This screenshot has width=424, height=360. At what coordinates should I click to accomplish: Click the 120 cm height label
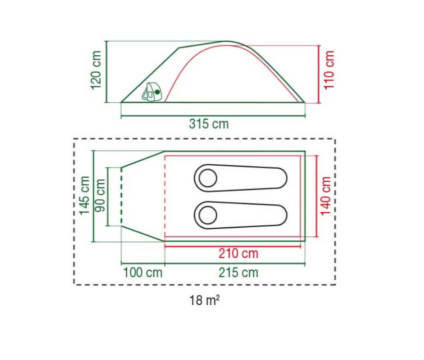[x=96, y=70]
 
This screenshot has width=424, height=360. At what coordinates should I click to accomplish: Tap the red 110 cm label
[x=329, y=70]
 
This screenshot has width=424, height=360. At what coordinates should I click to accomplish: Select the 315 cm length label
[x=209, y=124]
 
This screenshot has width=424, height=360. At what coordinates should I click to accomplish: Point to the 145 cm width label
[x=84, y=195]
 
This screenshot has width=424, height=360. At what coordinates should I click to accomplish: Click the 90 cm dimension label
[x=100, y=195]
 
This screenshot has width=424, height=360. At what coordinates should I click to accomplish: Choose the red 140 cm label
[x=326, y=196]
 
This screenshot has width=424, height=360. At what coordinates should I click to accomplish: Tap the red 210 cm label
[x=239, y=253]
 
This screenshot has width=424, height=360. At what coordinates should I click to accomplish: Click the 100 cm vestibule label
[x=143, y=272]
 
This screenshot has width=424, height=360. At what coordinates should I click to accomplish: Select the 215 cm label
[x=239, y=272]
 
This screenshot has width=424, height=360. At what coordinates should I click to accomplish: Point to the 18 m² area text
[x=204, y=300]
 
